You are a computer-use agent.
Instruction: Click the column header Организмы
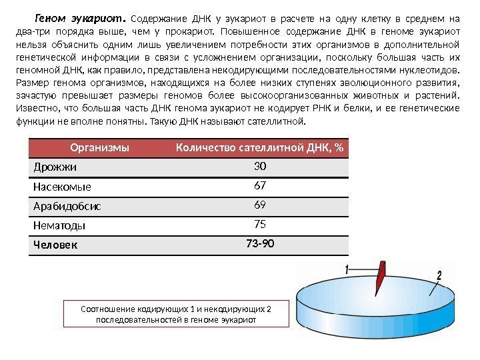[99, 147]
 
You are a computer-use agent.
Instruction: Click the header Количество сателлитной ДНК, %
[259, 147]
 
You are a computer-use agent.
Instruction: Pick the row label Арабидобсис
[67, 206]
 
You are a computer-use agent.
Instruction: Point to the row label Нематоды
[59, 226]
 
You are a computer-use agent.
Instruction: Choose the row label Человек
[55, 245]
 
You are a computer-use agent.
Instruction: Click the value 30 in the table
[259, 165]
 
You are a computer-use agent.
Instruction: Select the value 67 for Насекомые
[259, 185]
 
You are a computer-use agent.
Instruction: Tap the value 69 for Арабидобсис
[259, 205]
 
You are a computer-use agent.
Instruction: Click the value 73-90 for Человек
[259, 243]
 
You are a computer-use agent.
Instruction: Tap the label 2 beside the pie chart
[439, 274]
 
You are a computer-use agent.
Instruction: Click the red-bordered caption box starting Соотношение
[176, 314]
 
